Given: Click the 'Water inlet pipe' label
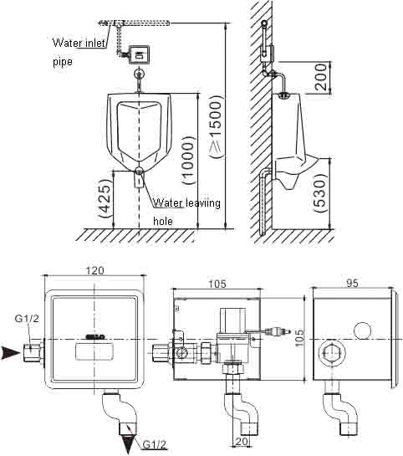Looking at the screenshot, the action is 79,53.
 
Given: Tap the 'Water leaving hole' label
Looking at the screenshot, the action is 186,212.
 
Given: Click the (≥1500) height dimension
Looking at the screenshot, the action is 217,126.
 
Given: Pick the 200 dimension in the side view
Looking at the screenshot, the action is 320,77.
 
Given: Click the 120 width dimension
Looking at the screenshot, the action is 94,270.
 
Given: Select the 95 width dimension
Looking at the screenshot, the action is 352,283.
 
